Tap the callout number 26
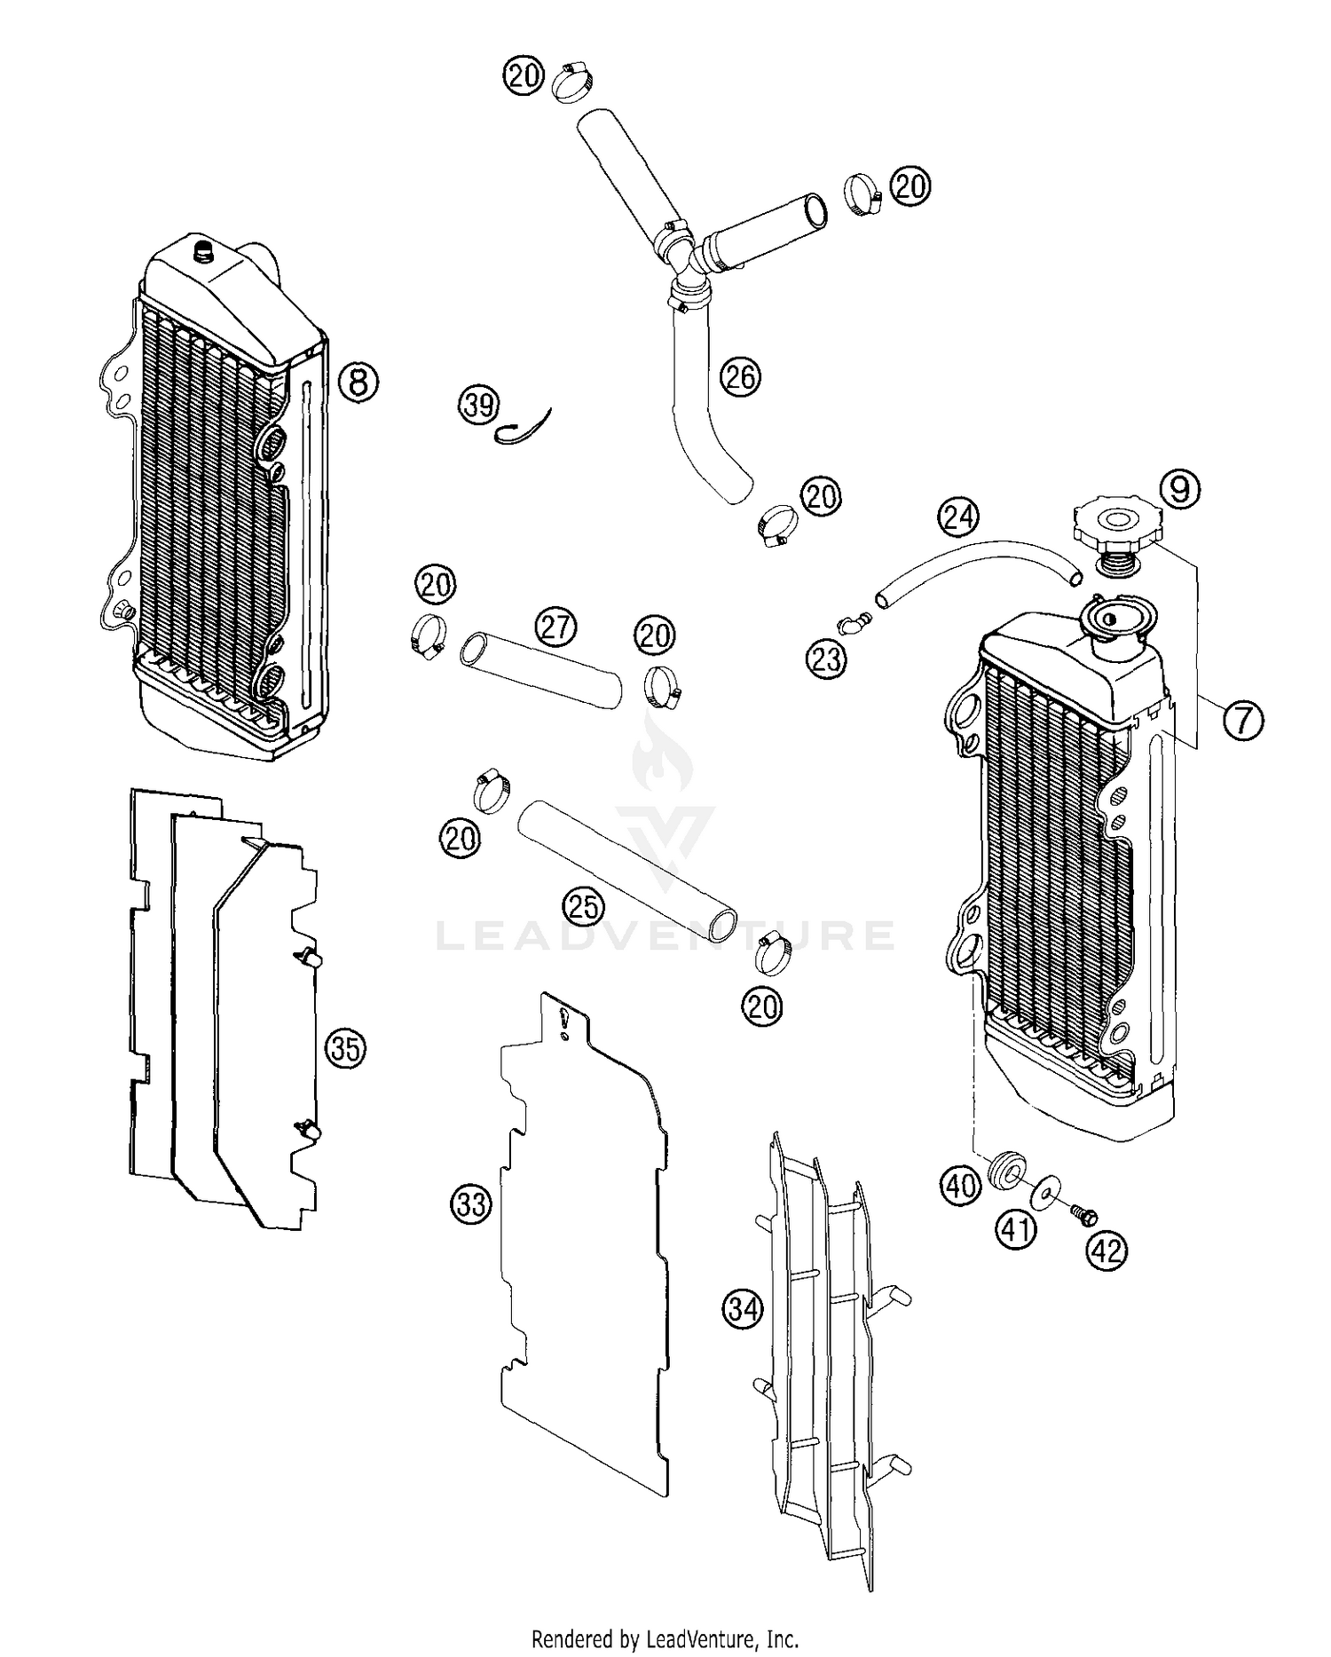(x=739, y=377)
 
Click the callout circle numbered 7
(x=1243, y=720)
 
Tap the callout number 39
(x=479, y=406)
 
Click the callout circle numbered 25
(x=584, y=906)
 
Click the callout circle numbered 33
(x=471, y=1204)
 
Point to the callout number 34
(x=744, y=1308)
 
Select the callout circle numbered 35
(x=345, y=1049)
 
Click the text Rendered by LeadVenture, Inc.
(x=665, y=1637)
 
